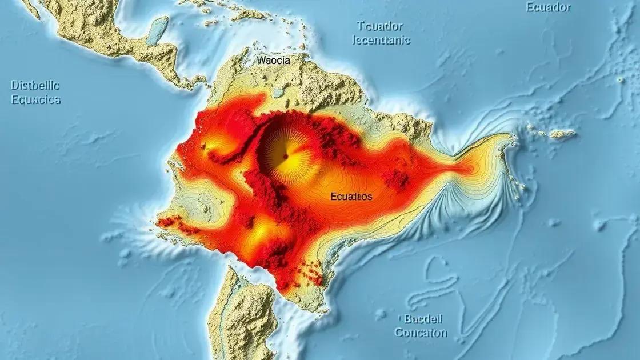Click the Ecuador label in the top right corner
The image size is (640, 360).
point(547,7)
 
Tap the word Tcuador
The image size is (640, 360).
point(380,26)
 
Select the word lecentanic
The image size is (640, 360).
point(381,41)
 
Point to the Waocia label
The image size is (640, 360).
point(273,60)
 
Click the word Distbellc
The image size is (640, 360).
point(35,86)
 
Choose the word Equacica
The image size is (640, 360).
point(35,99)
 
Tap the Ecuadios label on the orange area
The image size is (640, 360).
point(351,196)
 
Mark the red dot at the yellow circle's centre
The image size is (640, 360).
point(285,155)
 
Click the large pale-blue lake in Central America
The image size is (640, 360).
point(157,30)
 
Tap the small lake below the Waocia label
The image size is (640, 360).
point(278,92)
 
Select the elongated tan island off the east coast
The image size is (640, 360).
point(562,134)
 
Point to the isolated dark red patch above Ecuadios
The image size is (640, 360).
point(396,179)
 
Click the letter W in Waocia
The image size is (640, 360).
point(261,60)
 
